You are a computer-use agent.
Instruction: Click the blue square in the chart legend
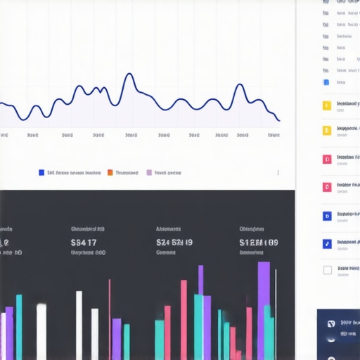tap(42, 172)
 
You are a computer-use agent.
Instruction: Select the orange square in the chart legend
tap(110, 172)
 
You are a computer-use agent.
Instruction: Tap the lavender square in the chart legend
tap(149, 172)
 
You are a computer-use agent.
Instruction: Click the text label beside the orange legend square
tap(127, 172)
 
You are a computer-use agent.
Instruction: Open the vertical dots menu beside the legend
tap(278, 172)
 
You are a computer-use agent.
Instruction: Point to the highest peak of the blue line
tap(128, 74)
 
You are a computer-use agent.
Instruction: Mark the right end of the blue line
tap(279, 120)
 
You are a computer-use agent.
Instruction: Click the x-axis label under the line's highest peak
tap(131, 135)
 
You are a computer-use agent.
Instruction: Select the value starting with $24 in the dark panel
tap(174, 243)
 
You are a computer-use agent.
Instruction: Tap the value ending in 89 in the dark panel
tap(259, 243)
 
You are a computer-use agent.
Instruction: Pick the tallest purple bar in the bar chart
tap(264, 309)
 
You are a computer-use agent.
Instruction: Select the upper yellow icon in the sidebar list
tap(326, 106)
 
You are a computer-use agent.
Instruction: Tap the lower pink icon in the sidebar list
tap(326, 187)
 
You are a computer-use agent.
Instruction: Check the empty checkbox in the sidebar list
tap(327, 270)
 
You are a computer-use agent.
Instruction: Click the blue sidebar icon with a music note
tap(326, 244)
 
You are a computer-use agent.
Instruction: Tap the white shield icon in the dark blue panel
tap(330, 324)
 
